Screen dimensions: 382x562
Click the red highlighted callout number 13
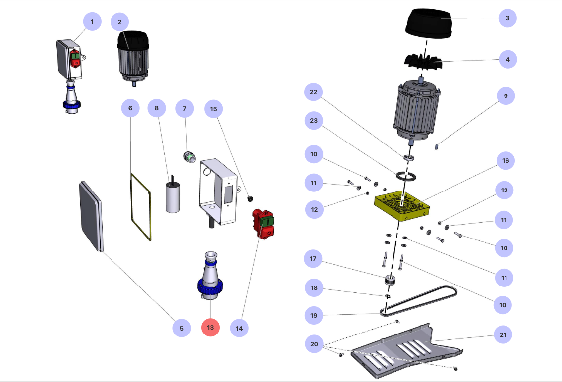[x=210, y=328]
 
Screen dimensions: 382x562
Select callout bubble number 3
[x=507, y=18]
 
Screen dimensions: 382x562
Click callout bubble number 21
[x=503, y=335]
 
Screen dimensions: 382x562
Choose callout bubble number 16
[x=506, y=161]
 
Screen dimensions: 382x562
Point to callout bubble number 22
[x=313, y=92]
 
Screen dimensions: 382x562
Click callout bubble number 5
[x=182, y=328]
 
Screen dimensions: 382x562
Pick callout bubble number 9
[x=506, y=95]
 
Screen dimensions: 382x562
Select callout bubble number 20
[x=314, y=344]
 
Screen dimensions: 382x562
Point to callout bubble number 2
[x=120, y=22]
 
